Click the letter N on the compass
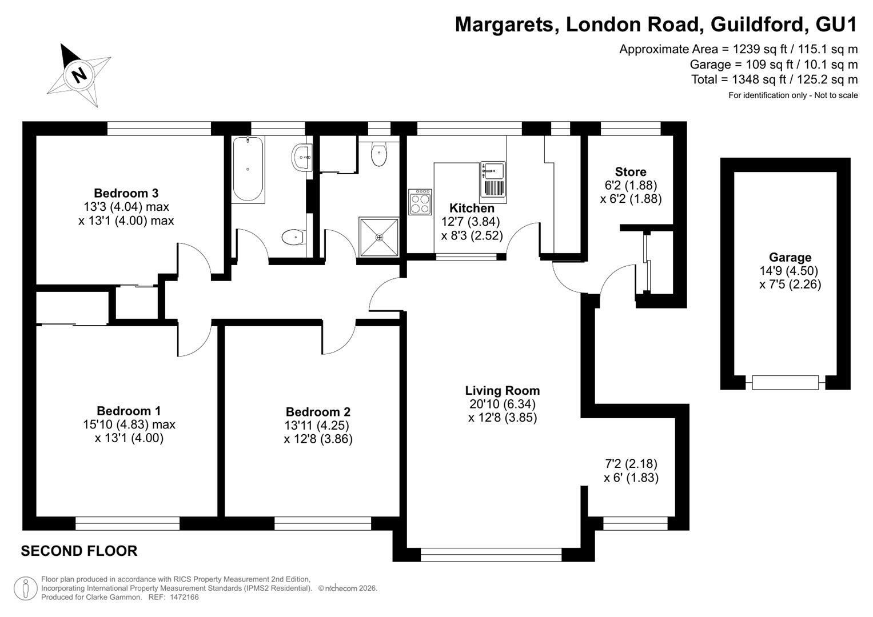(80, 74)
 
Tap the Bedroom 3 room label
(126, 193)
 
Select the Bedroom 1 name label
(129, 411)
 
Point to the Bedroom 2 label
(318, 412)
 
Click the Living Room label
(503, 391)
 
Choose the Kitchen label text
(472, 208)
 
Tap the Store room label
(631, 172)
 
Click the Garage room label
(790, 258)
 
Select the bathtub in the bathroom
(248, 170)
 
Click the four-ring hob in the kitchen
(420, 202)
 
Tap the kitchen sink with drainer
(493, 182)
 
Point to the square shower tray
(379, 237)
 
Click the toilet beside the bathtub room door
(293, 237)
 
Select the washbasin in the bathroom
(302, 157)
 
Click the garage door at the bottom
(785, 383)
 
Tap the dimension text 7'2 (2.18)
(631, 463)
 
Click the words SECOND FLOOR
(79, 551)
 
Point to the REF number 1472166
(184, 597)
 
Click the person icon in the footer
(26, 588)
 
